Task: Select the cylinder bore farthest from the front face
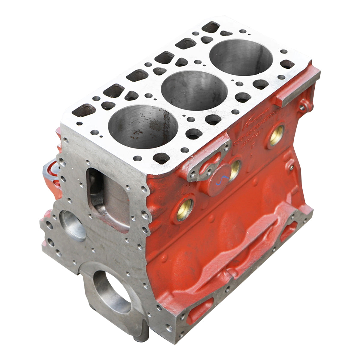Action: point(241,57)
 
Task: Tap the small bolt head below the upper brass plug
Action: point(291,168)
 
